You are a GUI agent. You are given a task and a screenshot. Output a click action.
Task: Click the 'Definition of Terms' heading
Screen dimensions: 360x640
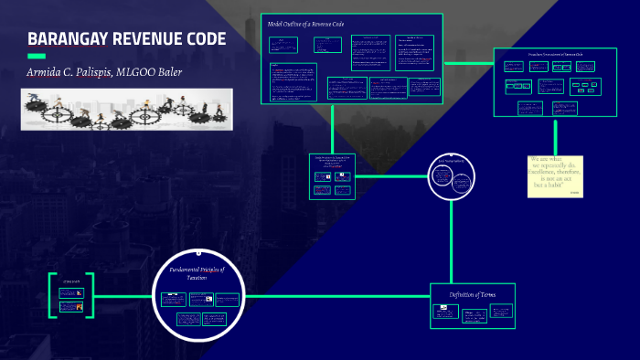click(x=473, y=293)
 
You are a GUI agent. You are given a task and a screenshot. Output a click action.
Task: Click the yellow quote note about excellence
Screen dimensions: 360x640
click(x=556, y=175)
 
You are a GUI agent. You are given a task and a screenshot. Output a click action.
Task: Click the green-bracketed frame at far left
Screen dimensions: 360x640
click(x=71, y=296)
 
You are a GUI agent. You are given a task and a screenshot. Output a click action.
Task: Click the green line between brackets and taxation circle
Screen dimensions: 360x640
click(x=123, y=297)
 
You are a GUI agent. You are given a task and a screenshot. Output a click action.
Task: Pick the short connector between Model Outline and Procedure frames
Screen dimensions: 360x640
click(x=468, y=60)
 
